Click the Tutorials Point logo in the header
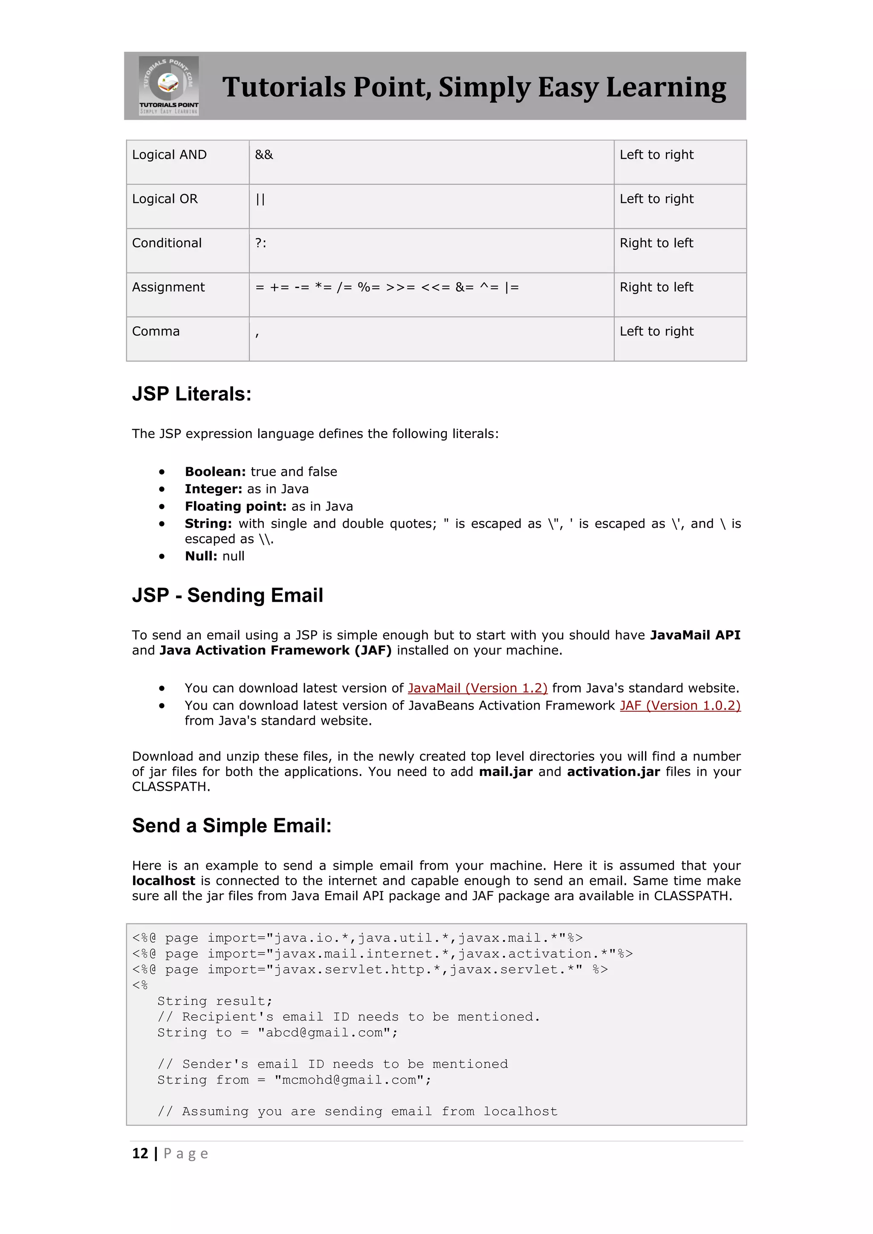(169, 86)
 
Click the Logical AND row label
(169, 155)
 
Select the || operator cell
(260, 199)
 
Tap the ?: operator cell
(261, 243)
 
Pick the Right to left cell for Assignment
(656, 288)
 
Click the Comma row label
(156, 332)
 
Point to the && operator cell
(264, 155)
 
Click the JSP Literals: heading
(192, 394)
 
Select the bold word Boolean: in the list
(215, 472)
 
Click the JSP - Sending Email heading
(227, 596)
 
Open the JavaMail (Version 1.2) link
(477, 689)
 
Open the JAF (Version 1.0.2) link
(680, 706)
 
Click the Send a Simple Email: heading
(232, 825)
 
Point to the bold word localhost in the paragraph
(163, 881)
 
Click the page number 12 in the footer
(140, 1153)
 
